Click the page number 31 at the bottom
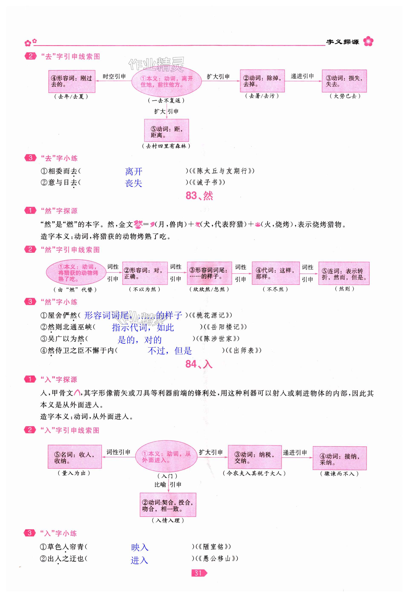pyautogui.click(x=198, y=573)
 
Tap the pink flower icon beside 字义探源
pyautogui.click(x=368, y=41)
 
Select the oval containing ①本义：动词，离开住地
pyautogui.click(x=166, y=81)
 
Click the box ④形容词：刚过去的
pyautogui.click(x=72, y=81)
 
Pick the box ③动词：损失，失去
pyautogui.click(x=344, y=81)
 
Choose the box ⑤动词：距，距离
pyautogui.click(x=166, y=130)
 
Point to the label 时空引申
pyautogui.click(x=114, y=76)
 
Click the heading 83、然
pyautogui.click(x=199, y=196)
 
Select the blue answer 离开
pyautogui.click(x=134, y=171)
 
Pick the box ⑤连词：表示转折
pyautogui.click(x=344, y=274)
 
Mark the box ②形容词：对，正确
pyautogui.click(x=145, y=273)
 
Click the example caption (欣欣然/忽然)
pyautogui.click(x=209, y=289)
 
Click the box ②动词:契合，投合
pyautogui.click(x=168, y=505)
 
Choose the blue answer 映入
pyautogui.click(x=140, y=547)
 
